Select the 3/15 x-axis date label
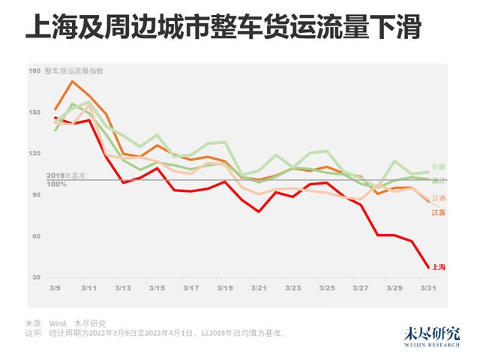(157, 288)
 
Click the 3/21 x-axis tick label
(259, 288)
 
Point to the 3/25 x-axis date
(328, 288)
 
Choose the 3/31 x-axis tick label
(429, 288)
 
